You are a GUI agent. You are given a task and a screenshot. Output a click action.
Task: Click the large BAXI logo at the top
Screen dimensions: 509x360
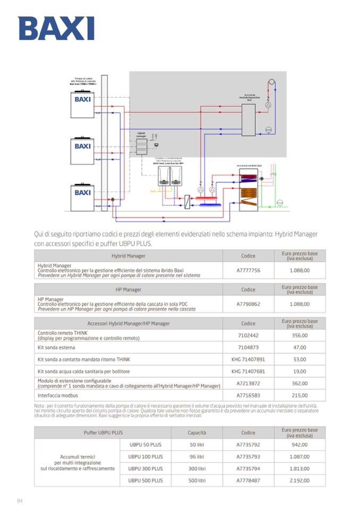pyautogui.click(x=56, y=28)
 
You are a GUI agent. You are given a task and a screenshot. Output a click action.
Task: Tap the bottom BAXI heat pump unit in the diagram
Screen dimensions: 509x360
pyautogui.click(x=83, y=196)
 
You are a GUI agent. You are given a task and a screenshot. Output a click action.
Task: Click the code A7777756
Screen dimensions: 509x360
pyautogui.click(x=248, y=270)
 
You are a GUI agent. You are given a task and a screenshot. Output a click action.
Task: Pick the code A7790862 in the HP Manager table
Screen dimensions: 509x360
pyautogui.click(x=248, y=304)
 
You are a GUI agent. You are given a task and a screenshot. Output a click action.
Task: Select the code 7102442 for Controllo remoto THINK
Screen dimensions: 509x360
pyautogui.click(x=248, y=335)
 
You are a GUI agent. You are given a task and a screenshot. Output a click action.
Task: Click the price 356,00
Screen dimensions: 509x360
pyautogui.click(x=299, y=335)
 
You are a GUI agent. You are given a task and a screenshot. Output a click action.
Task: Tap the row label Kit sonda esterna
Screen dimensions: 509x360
pyautogui.click(x=56, y=348)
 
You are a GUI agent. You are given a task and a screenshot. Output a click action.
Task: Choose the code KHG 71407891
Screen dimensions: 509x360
pyautogui.click(x=248, y=359)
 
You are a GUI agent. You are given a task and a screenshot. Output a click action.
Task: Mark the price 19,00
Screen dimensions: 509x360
pyautogui.click(x=299, y=372)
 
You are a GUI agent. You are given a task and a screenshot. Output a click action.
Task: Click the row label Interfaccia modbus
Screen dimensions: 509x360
pyautogui.click(x=58, y=395)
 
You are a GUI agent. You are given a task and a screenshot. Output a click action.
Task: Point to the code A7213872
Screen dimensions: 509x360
pyautogui.click(x=248, y=383)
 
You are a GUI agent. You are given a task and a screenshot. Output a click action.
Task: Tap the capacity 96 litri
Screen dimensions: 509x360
pyautogui.click(x=197, y=456)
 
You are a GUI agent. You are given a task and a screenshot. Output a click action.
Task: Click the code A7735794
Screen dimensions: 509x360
pyautogui.click(x=248, y=469)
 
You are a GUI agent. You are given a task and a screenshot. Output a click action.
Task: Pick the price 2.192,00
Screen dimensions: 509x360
pyautogui.click(x=299, y=480)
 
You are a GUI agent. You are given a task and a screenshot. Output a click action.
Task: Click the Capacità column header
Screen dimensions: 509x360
pyautogui.click(x=197, y=433)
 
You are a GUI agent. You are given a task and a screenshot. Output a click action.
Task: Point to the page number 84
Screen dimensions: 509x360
pyautogui.click(x=20, y=501)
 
